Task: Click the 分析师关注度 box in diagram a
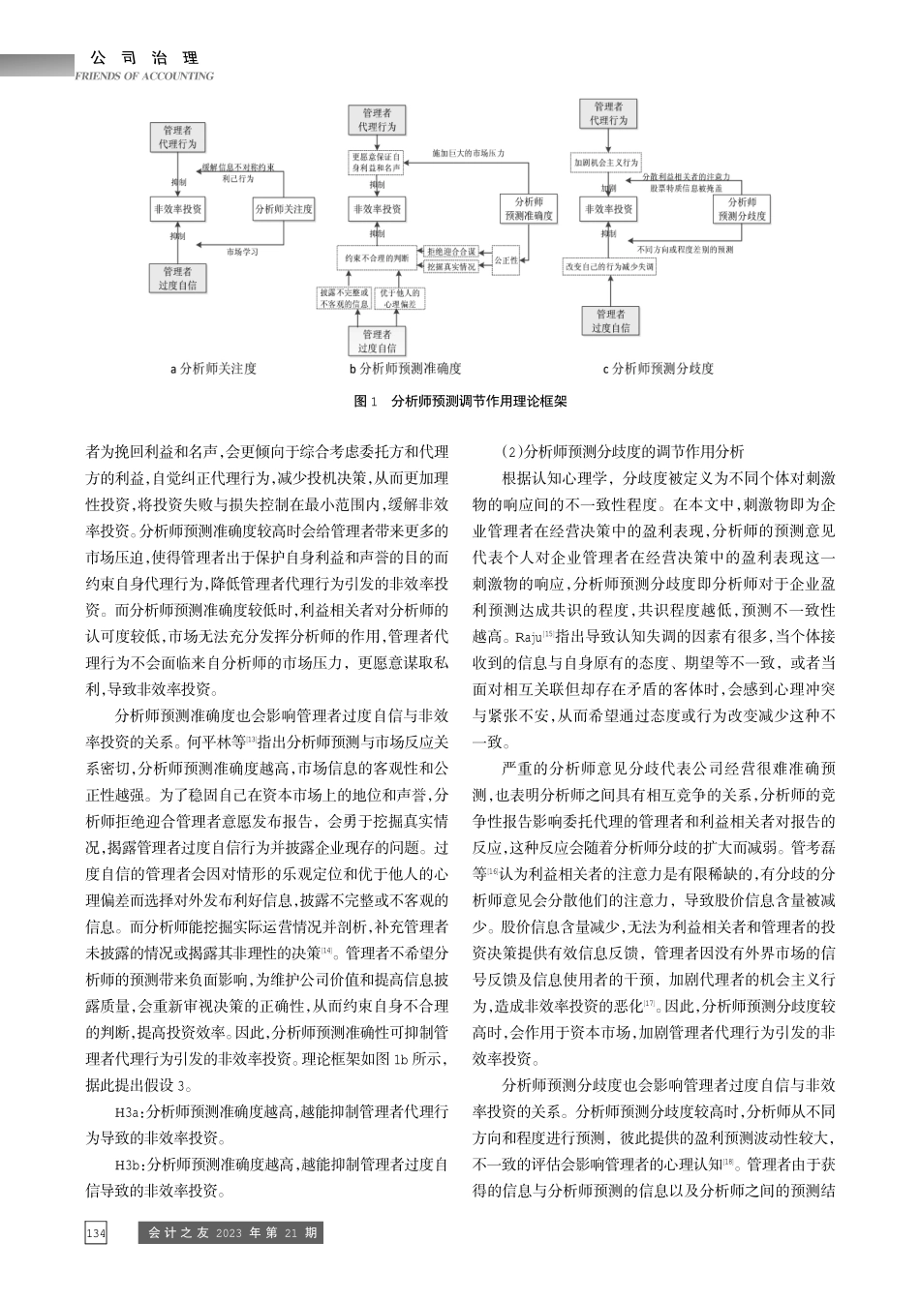pos(284,209)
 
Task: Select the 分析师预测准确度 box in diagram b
pos(529,209)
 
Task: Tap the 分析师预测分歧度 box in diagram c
pos(742,209)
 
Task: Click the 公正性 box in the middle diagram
pos(506,259)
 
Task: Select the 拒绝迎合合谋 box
pos(451,252)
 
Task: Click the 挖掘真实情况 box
pos(451,266)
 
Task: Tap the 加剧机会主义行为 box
pos(605,163)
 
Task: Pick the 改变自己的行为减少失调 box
pos(610,265)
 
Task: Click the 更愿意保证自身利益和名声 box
pos(376,162)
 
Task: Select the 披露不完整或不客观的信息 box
pos(344,298)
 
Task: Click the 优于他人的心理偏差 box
pos(399,298)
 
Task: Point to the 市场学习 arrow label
pos(242,252)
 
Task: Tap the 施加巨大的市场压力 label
pos(468,153)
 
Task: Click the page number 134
pos(96,1233)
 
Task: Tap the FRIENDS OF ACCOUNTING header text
pos(144,76)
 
